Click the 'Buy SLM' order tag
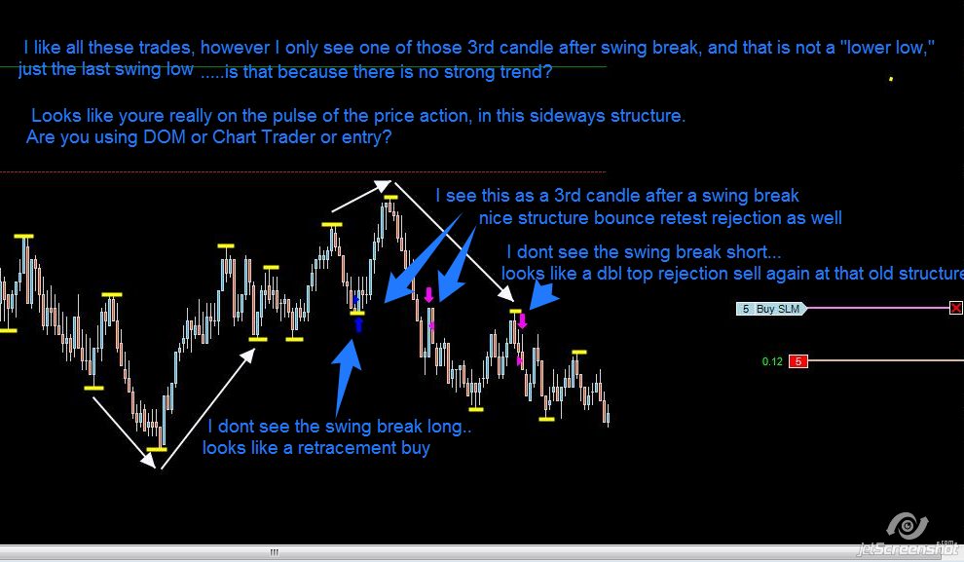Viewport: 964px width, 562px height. (x=771, y=309)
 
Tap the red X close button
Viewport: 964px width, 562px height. (x=956, y=308)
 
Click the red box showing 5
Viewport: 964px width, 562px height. (x=798, y=361)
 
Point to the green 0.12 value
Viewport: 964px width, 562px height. (x=772, y=361)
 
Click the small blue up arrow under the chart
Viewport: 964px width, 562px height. (x=358, y=324)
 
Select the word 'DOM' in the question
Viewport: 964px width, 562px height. (x=165, y=136)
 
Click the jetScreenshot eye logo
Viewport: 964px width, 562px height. (x=908, y=526)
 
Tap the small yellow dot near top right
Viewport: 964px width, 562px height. (x=891, y=79)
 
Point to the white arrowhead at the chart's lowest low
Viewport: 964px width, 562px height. (x=148, y=460)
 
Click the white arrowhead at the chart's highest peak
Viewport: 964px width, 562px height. (x=383, y=184)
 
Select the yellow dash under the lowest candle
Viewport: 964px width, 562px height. (x=157, y=449)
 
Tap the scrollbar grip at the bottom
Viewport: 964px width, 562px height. (x=275, y=552)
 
